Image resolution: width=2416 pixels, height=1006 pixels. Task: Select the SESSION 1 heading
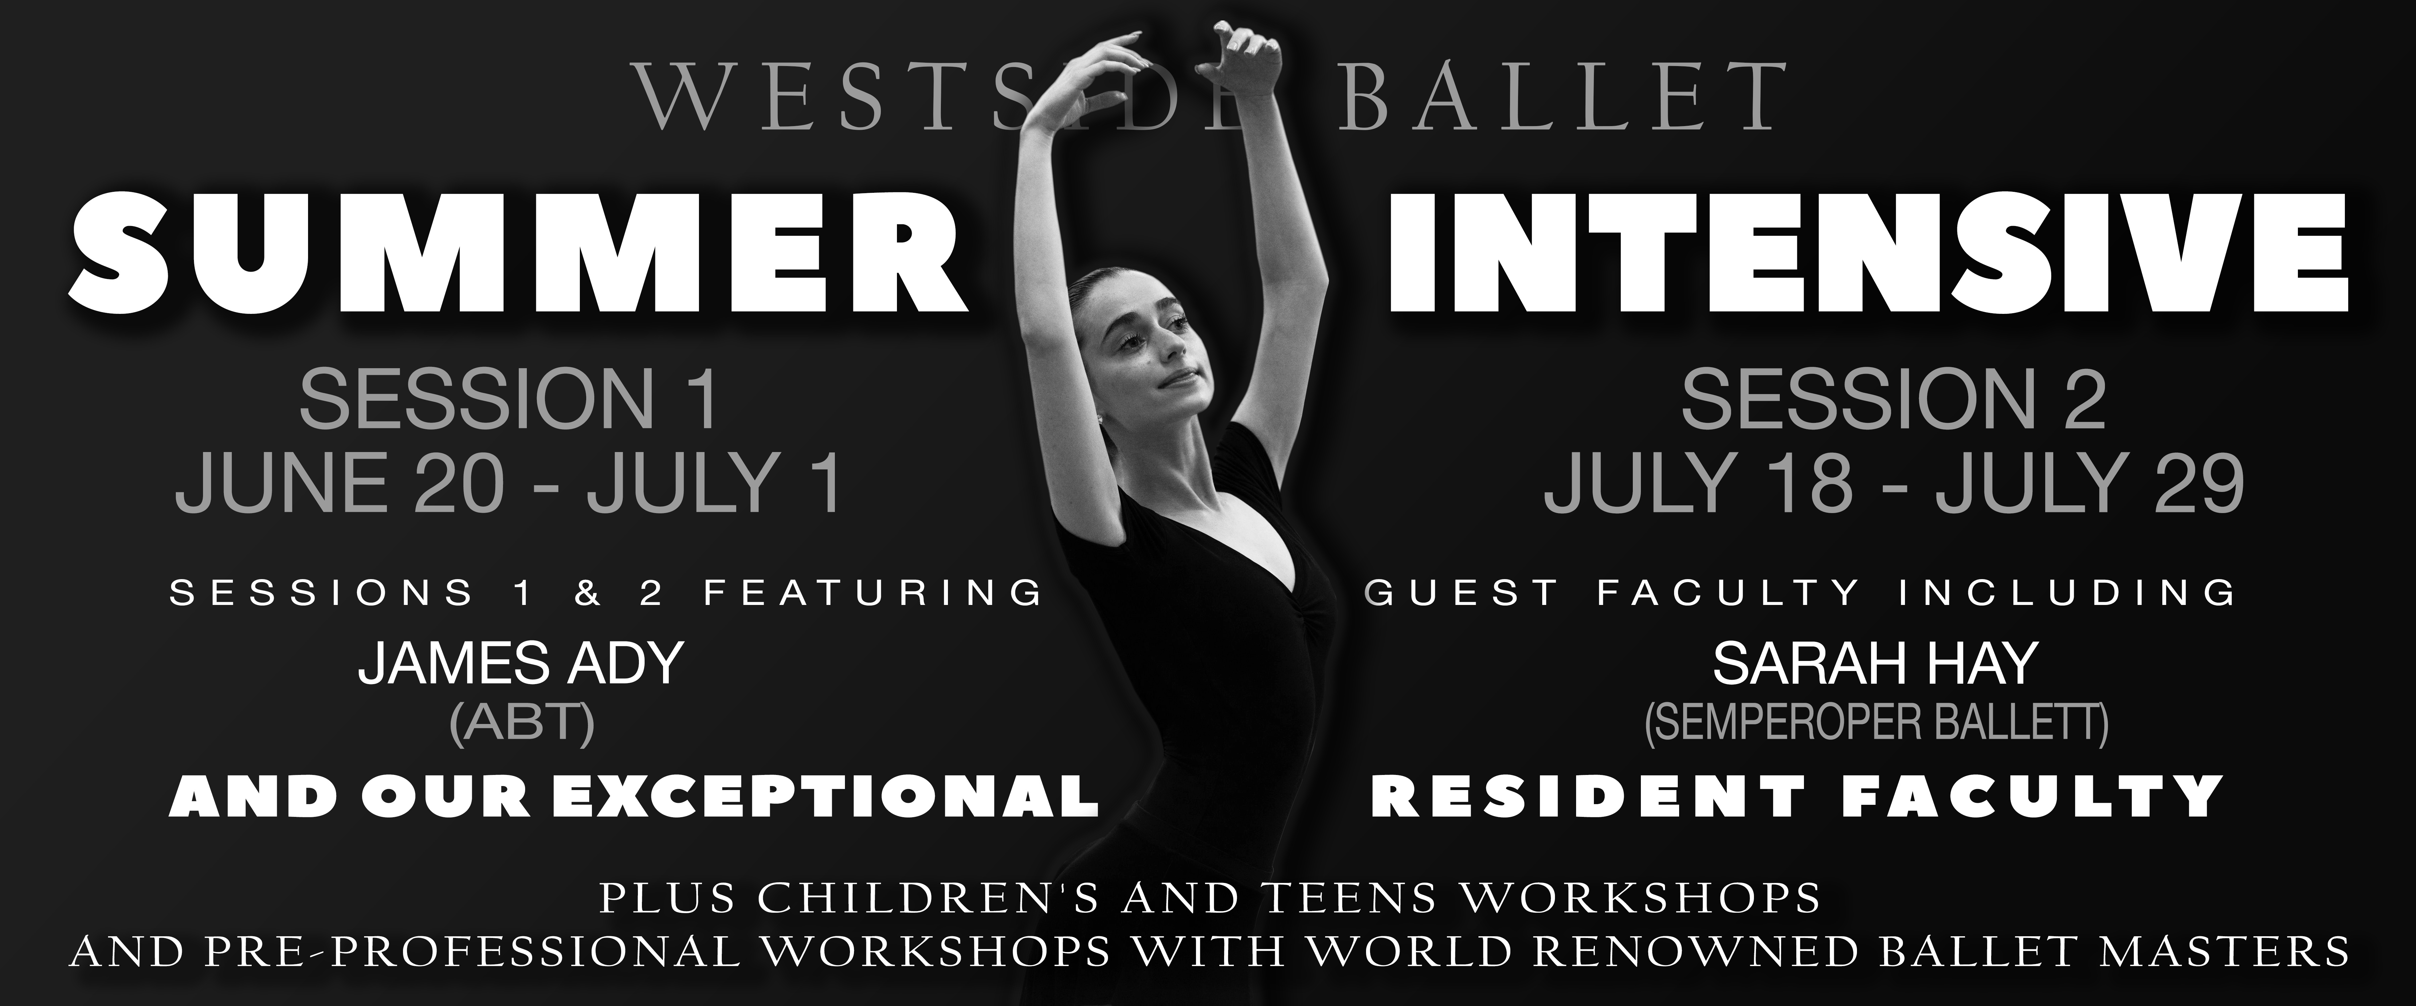(x=508, y=400)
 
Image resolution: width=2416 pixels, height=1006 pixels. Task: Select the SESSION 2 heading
(x=1893, y=400)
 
